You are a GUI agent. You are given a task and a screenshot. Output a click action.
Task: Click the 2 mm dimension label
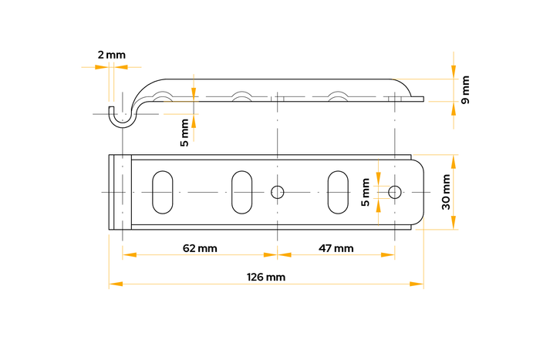[111, 55]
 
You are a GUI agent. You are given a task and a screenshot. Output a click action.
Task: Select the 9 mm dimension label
[464, 90]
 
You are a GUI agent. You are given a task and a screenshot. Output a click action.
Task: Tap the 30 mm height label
[446, 192]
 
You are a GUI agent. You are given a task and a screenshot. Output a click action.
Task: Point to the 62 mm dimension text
[200, 248]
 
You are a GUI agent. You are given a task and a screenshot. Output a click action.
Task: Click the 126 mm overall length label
[266, 277]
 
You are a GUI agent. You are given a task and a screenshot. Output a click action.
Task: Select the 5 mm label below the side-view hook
[184, 132]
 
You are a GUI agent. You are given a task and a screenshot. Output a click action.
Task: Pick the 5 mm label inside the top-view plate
[366, 192]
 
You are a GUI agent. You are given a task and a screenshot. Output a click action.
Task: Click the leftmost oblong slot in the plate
[162, 191]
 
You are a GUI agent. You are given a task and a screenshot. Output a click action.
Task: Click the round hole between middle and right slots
[278, 191]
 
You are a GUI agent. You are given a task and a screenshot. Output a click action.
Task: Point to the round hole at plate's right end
[395, 191]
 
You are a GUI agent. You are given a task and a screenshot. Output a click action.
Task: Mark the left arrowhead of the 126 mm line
[114, 284]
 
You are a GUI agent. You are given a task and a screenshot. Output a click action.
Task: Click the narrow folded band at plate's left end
[122, 191]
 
